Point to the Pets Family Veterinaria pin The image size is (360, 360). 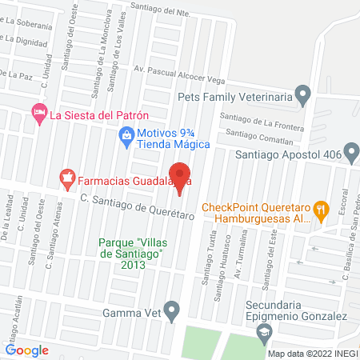tap(302, 96)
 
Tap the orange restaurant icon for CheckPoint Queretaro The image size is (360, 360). tap(321, 212)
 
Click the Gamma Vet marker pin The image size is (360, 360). tap(171, 309)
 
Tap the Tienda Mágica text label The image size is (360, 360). tap(172, 144)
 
